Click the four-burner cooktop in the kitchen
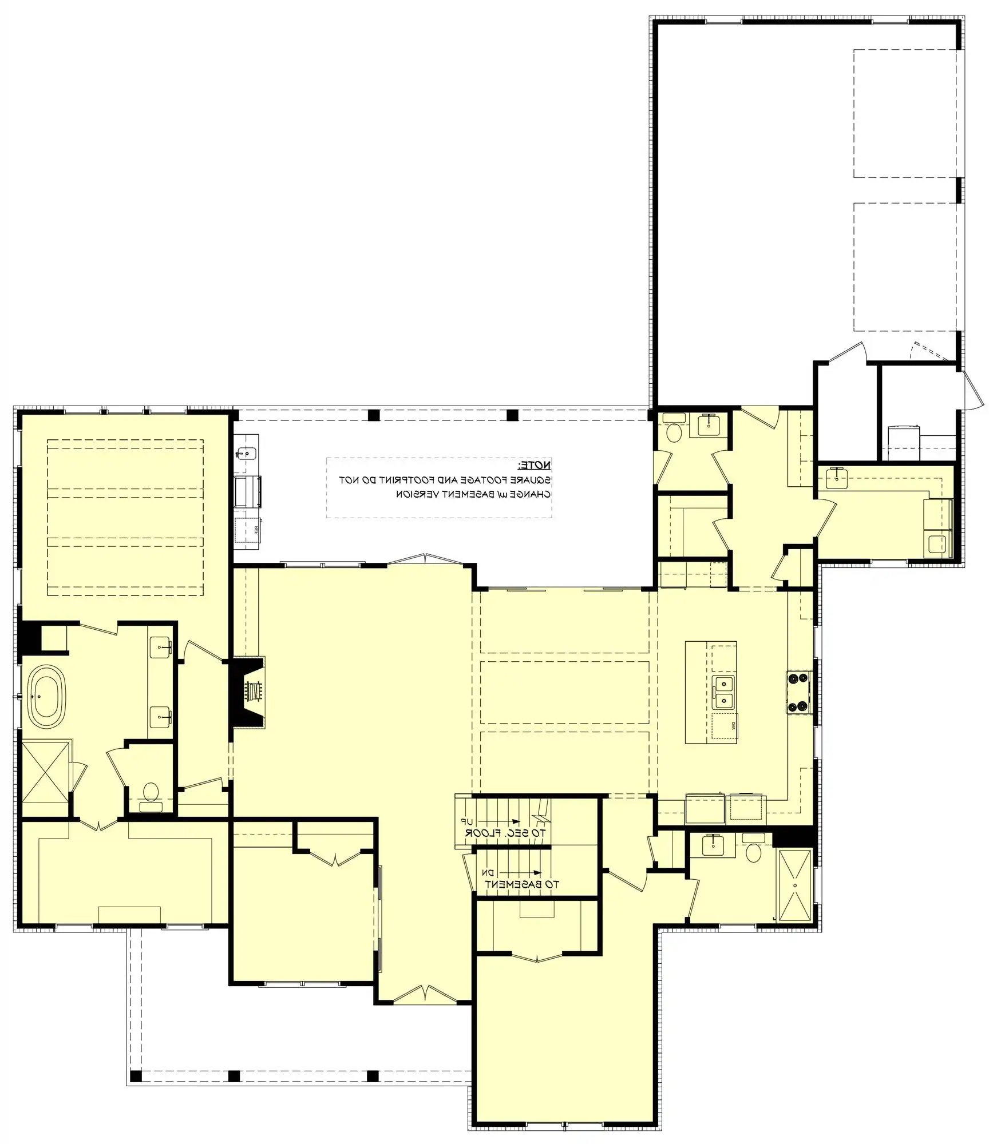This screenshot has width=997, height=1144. click(x=798, y=693)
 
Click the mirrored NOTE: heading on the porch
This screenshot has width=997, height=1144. click(x=535, y=465)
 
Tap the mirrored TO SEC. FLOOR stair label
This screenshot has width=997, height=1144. click(x=505, y=833)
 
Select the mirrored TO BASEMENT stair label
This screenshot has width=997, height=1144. click(x=521, y=884)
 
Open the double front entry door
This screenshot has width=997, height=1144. click(x=424, y=994)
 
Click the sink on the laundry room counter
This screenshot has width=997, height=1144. click(x=837, y=477)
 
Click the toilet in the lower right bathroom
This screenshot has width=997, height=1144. click(x=753, y=852)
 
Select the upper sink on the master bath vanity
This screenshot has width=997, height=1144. click(x=161, y=648)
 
